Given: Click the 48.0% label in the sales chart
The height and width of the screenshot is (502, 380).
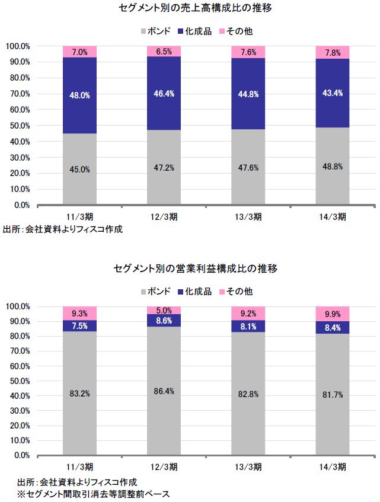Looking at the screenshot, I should pos(79,95).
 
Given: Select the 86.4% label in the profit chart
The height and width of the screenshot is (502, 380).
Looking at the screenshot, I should pos(164,391).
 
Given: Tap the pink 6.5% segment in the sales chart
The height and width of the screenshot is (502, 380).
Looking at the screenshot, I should pos(164,51).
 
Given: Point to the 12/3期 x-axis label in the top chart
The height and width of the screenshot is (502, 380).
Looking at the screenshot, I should pos(164,216).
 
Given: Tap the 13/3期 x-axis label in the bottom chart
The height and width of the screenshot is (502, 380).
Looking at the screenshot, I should pos(248,466).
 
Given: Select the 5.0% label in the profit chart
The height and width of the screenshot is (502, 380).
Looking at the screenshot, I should pos(164,311).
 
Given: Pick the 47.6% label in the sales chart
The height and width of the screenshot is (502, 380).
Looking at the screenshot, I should pos(248,168).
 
